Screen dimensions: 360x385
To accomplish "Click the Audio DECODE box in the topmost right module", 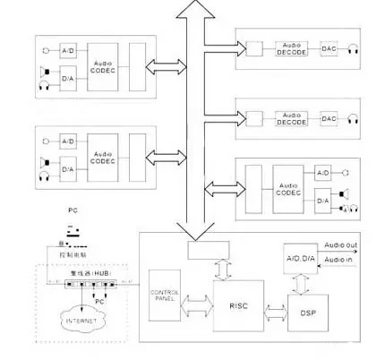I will [x=290, y=49].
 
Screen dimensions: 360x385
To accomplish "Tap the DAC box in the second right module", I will [x=329, y=119].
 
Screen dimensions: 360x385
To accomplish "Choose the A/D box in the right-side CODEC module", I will [x=323, y=170].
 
